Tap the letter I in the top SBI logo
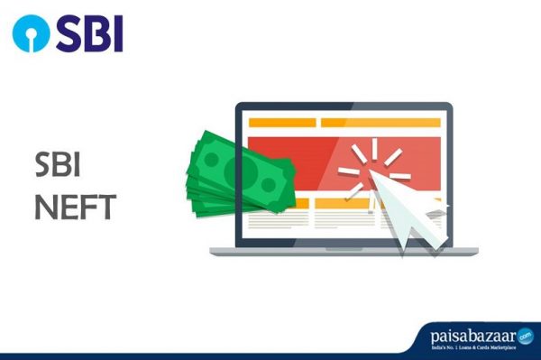117,33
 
